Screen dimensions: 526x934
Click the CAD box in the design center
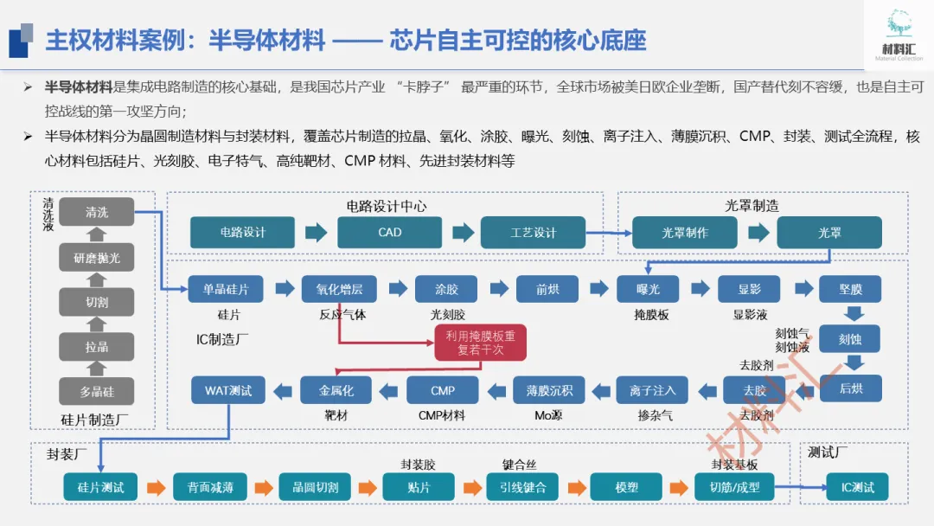pyautogui.click(x=390, y=233)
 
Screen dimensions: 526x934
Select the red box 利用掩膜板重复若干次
pyautogui.click(x=480, y=343)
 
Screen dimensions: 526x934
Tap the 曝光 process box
pyautogui.click(x=648, y=289)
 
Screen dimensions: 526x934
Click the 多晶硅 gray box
pyautogui.click(x=97, y=391)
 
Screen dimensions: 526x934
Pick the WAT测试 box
pyautogui.click(x=228, y=390)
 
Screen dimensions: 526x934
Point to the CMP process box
pyautogui.click(x=443, y=390)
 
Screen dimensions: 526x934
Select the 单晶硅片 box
pyautogui.click(x=226, y=289)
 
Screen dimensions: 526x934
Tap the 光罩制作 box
pyautogui.click(x=685, y=233)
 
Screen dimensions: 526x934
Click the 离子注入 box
pyautogui.click(x=652, y=390)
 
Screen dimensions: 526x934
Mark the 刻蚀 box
pyautogui.click(x=849, y=339)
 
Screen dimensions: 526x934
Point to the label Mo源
pyautogui.click(x=549, y=415)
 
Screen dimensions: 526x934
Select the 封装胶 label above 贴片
pyautogui.click(x=418, y=465)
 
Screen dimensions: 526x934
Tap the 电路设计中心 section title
pyautogui.click(x=387, y=206)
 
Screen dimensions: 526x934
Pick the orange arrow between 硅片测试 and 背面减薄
pyautogui.click(x=157, y=487)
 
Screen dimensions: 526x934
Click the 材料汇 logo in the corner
pyautogui.click(x=899, y=35)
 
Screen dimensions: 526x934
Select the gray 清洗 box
pyautogui.click(x=97, y=212)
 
